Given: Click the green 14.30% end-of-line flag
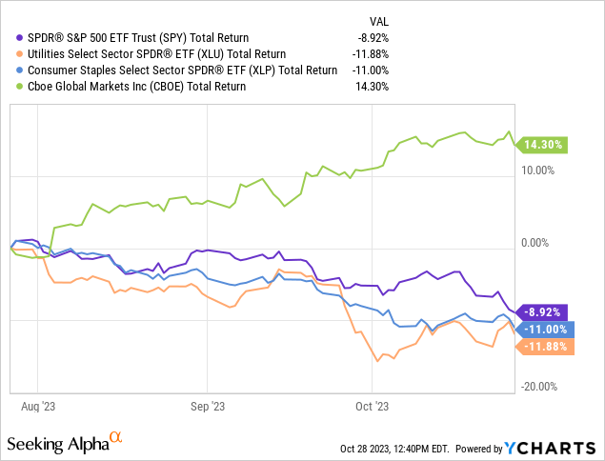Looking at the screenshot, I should click(x=543, y=145).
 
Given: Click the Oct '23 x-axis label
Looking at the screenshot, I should click(x=371, y=403).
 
